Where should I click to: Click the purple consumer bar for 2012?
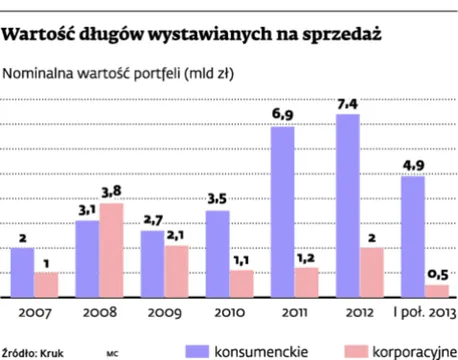point(347,206)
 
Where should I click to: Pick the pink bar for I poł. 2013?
point(435,291)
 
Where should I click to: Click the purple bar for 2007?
point(21,272)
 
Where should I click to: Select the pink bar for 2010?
point(241,283)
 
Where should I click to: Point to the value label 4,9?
point(412,164)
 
